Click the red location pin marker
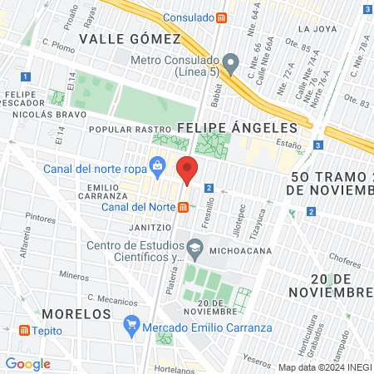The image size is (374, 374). [x=187, y=170]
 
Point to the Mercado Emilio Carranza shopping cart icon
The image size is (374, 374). [x=130, y=323]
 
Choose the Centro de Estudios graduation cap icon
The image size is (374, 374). [x=194, y=247]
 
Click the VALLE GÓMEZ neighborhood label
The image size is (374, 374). [x=129, y=39]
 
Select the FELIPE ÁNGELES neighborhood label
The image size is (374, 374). [x=237, y=128]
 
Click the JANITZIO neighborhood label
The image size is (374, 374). [x=150, y=226]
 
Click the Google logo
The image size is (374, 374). [x=27, y=363]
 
